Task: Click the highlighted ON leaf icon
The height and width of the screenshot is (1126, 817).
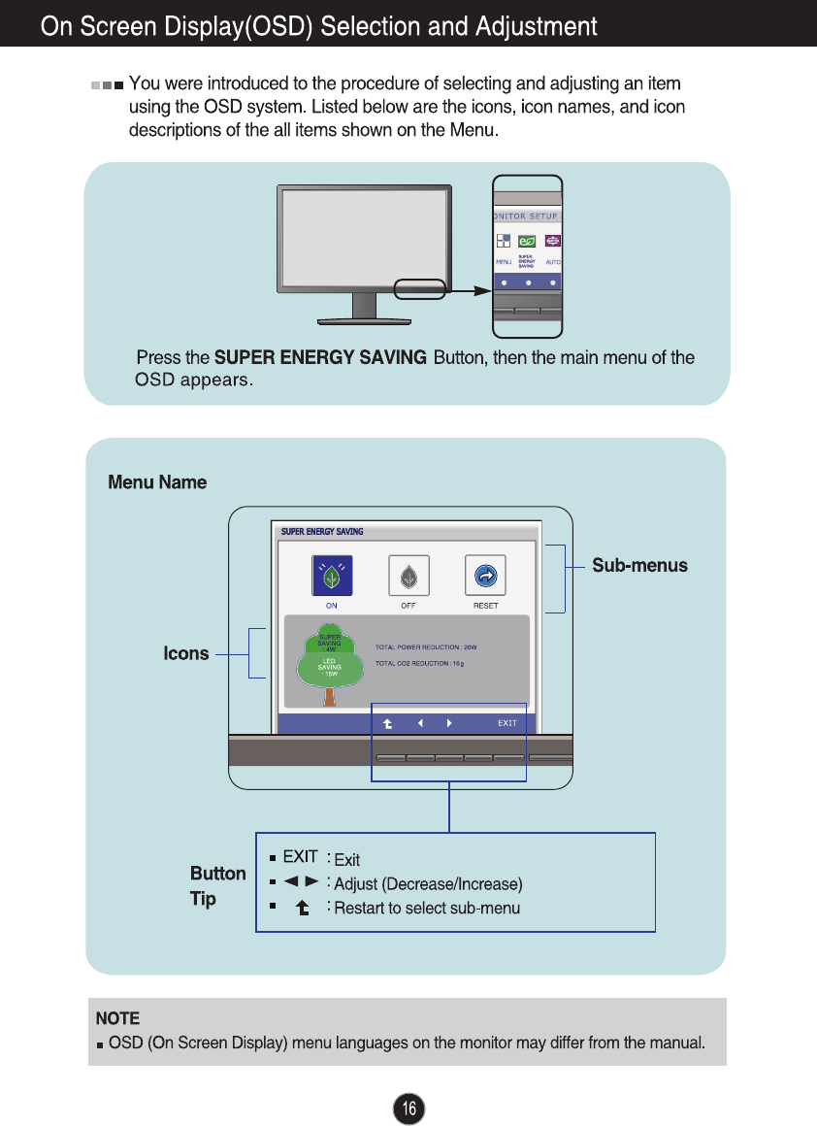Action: (331, 576)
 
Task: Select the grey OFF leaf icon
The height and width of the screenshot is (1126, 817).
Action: (408, 576)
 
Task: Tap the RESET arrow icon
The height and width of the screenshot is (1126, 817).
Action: (485, 576)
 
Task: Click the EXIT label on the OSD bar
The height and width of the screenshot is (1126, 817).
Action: (507, 723)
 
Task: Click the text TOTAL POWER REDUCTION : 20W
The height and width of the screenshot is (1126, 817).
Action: (426, 646)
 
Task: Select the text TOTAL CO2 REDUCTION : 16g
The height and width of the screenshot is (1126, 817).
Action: (420, 663)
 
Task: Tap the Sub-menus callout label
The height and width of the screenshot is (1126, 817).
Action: (639, 566)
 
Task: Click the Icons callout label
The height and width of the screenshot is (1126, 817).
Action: (186, 654)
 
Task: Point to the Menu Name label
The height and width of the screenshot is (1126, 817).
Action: (157, 482)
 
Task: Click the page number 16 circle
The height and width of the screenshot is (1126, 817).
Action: (409, 1109)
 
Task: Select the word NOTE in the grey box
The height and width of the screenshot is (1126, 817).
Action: (117, 1018)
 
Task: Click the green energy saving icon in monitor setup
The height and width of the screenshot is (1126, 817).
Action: (528, 241)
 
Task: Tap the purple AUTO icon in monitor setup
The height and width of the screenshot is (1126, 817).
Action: (553, 241)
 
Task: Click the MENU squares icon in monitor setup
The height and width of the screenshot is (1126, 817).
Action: (503, 241)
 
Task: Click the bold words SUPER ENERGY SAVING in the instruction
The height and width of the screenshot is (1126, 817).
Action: (320, 357)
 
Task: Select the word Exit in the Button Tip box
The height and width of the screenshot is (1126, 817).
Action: (346, 860)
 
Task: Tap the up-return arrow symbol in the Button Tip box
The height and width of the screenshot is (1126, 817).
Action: (303, 909)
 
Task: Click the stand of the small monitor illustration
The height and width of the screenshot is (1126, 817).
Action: (364, 306)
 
